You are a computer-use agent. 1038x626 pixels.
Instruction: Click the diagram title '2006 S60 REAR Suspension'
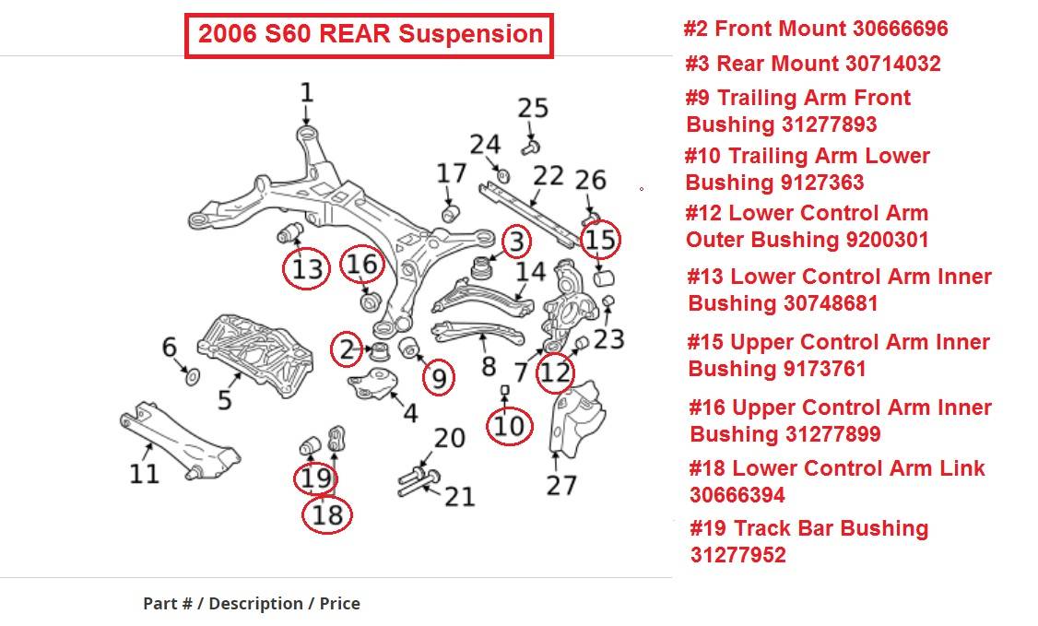(x=370, y=35)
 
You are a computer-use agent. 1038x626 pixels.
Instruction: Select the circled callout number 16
(x=361, y=265)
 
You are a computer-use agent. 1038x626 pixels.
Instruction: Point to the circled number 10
(x=509, y=425)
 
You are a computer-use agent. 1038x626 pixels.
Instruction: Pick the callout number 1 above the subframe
(x=306, y=92)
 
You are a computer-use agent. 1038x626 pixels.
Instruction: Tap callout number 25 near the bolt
(x=533, y=108)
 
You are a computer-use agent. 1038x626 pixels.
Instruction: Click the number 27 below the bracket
(x=560, y=484)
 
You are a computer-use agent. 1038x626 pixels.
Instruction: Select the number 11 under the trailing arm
(x=144, y=474)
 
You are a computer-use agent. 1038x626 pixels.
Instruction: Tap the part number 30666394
(x=737, y=495)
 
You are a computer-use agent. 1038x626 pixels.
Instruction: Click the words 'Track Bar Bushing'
(x=831, y=529)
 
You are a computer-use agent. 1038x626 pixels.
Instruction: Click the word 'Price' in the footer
(x=339, y=604)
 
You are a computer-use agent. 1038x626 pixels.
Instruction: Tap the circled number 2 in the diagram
(x=347, y=348)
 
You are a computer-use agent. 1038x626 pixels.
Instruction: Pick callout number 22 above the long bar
(x=548, y=175)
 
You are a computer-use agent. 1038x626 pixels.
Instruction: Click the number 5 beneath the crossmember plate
(x=224, y=401)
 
